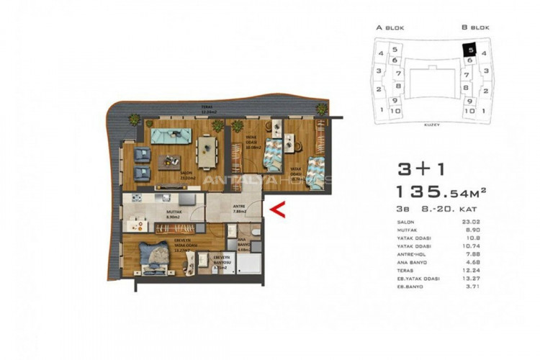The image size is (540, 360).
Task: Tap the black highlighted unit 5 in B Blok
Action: pyautogui.click(x=469, y=50)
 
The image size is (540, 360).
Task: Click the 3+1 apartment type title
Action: pyautogui.click(x=423, y=169)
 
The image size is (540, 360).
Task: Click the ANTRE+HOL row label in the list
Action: pyautogui.click(x=411, y=255)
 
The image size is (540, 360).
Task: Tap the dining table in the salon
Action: pyautogui.click(x=207, y=148)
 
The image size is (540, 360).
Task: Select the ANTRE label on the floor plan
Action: pyautogui.click(x=239, y=209)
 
